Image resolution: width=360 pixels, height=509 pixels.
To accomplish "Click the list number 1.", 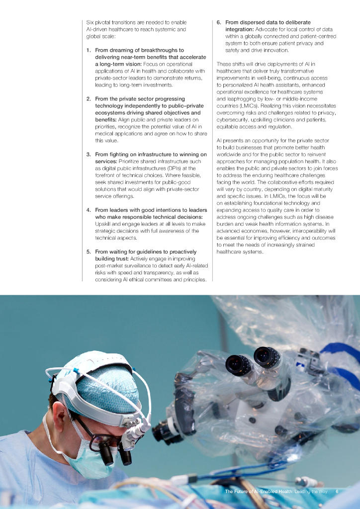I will [88, 50].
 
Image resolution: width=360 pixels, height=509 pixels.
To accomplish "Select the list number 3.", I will [88, 155].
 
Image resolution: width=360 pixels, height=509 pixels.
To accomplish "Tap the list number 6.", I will [219, 22].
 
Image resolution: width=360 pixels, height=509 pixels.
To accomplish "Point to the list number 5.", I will [88, 252].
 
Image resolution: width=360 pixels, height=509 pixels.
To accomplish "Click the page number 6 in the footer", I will [337, 492].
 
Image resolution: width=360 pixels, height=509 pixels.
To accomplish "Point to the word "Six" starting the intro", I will [90, 22].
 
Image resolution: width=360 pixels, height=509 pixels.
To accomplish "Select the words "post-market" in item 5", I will [108, 266].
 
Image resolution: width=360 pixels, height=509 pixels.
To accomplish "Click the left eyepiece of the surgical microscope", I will [234, 364].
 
